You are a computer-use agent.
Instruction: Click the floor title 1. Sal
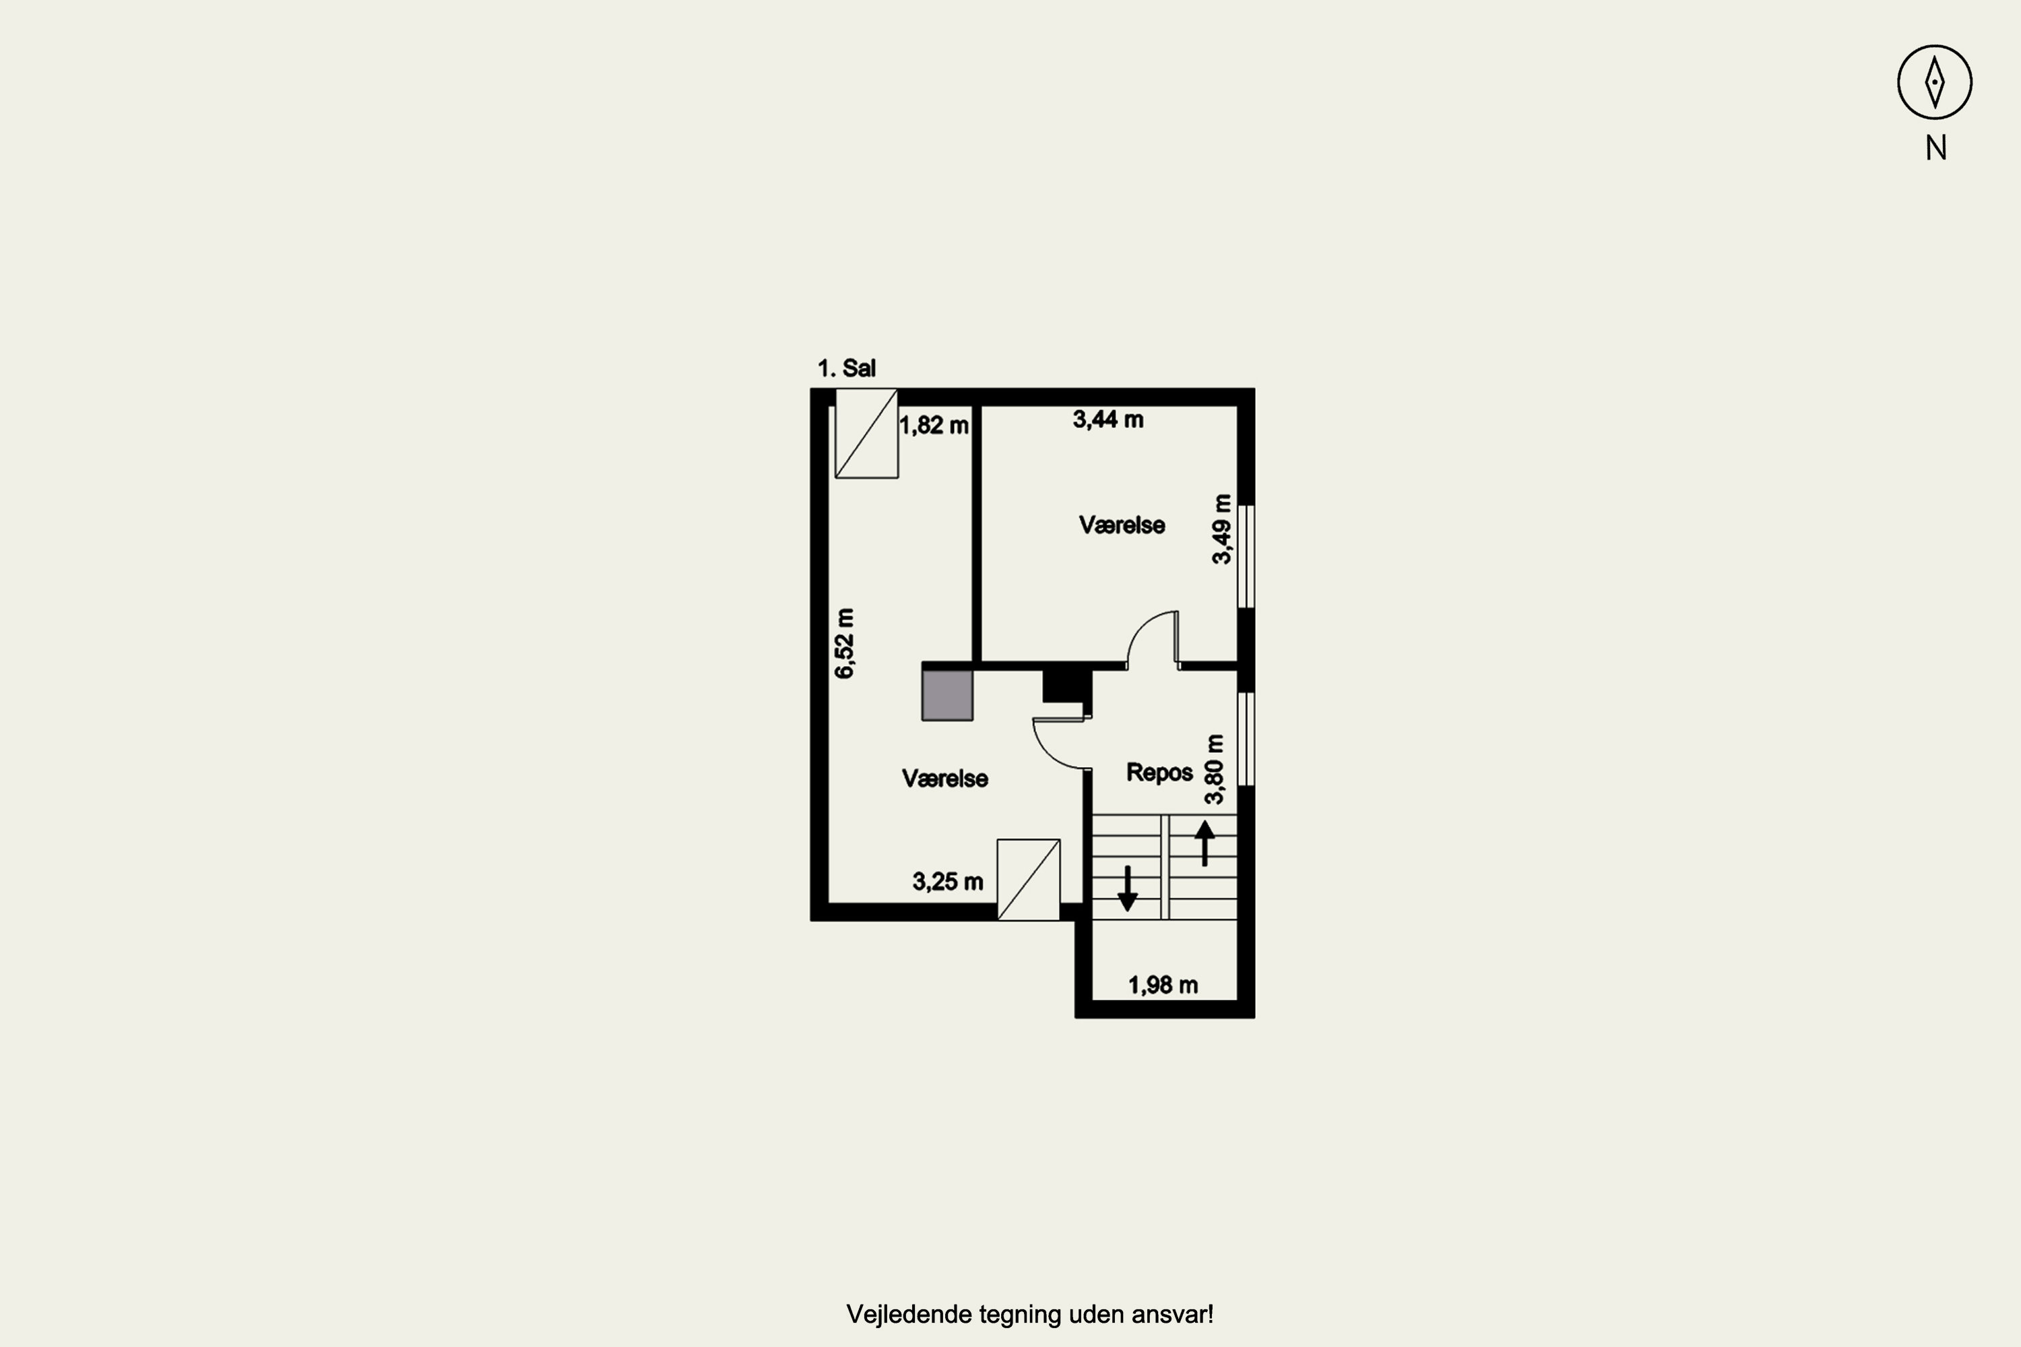(x=846, y=368)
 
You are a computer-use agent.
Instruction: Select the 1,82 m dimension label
(x=934, y=425)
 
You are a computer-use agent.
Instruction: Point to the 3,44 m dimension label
(x=1108, y=419)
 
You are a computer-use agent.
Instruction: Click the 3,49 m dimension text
(x=1221, y=529)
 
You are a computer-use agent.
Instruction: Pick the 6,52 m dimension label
(x=845, y=643)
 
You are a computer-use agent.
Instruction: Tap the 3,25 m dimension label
(x=948, y=882)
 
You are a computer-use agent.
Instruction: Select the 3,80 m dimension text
(x=1213, y=770)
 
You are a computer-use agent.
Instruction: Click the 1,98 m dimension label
(x=1163, y=985)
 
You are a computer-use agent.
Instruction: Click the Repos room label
(x=1159, y=773)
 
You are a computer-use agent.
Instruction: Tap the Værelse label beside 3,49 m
(x=1122, y=525)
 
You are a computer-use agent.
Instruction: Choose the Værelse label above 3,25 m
(x=945, y=779)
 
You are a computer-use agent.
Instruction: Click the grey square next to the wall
(x=947, y=695)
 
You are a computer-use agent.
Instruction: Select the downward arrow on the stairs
(x=1127, y=888)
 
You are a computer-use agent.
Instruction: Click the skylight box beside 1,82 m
(x=866, y=433)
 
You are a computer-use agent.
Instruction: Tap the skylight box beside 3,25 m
(x=1029, y=880)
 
